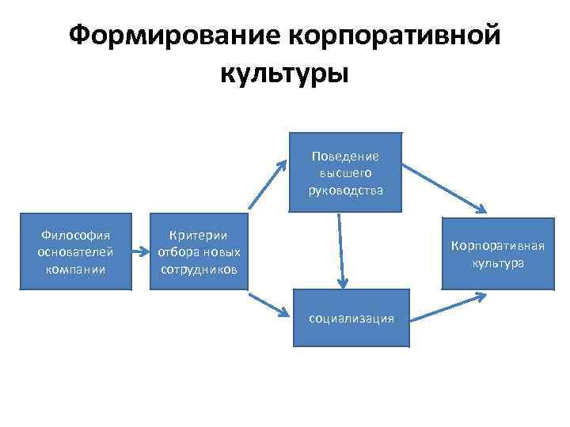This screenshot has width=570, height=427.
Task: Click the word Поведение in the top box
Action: (345, 156)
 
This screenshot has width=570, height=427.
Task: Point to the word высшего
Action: (345, 172)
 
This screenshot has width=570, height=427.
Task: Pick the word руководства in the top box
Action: (345, 189)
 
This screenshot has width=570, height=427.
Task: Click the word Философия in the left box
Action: (75, 235)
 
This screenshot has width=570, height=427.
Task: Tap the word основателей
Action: (75, 251)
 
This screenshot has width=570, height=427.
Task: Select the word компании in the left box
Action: (75, 269)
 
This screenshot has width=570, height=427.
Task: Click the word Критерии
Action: (199, 235)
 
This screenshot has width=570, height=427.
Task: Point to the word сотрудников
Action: (199, 269)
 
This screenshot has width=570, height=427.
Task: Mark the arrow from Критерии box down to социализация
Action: (268, 306)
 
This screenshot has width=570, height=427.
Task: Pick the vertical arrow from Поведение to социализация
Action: (341, 249)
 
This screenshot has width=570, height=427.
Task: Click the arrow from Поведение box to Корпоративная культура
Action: (443, 188)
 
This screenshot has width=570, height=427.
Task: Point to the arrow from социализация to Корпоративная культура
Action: (447, 305)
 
